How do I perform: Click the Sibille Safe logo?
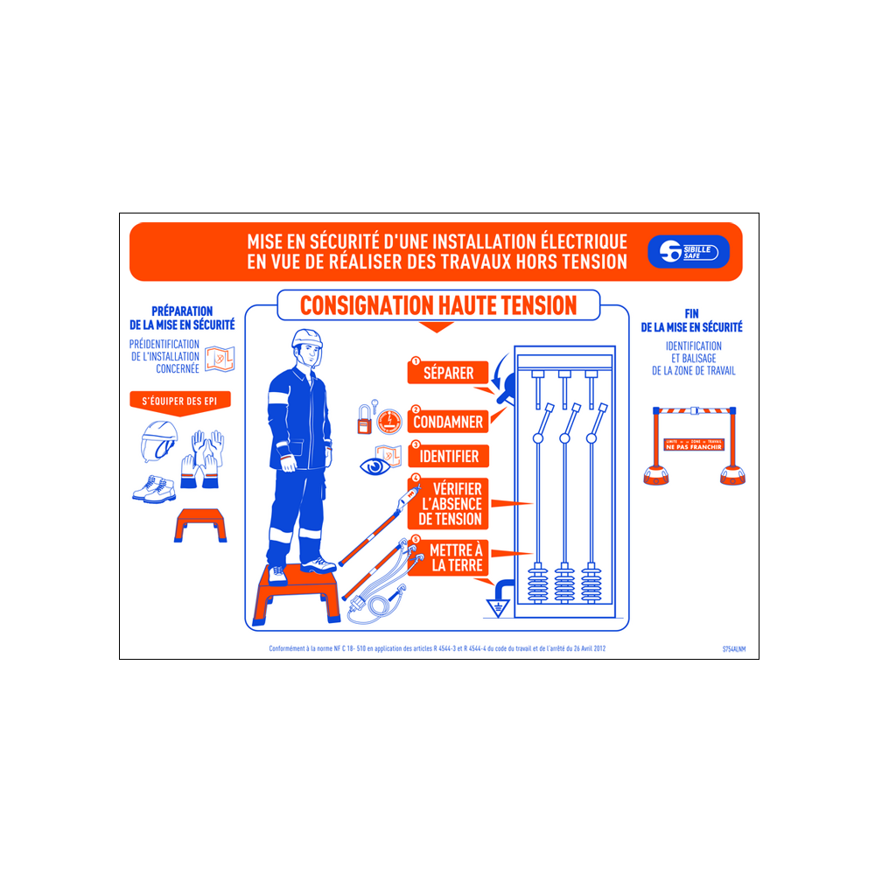click(x=688, y=252)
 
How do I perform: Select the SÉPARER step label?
click(x=448, y=373)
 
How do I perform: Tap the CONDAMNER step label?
click(x=448, y=422)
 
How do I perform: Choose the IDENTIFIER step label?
click(x=448, y=456)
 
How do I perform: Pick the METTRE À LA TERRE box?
click(x=455, y=557)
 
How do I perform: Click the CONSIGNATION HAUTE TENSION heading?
click(x=437, y=305)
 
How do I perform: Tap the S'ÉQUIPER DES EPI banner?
click(x=180, y=402)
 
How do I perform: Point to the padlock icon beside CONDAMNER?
click(x=364, y=420)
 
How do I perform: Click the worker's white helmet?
click(x=306, y=338)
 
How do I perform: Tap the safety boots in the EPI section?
click(x=154, y=487)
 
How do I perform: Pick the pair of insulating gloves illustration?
click(x=202, y=458)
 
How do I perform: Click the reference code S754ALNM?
click(x=734, y=649)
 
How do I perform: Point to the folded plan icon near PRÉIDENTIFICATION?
click(x=221, y=359)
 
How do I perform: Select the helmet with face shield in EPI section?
click(x=158, y=441)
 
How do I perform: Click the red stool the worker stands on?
click(x=297, y=595)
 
